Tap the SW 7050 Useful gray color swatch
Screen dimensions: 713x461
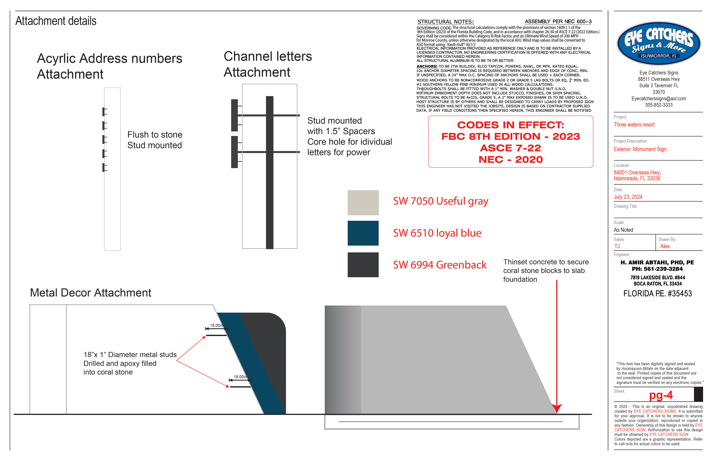tap(363, 203)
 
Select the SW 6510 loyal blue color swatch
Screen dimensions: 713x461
tap(363, 233)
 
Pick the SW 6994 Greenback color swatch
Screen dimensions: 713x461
tap(363, 265)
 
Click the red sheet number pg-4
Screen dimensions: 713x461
tap(661, 395)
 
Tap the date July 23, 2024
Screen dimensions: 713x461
tap(628, 197)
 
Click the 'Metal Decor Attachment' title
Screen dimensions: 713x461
tap(90, 293)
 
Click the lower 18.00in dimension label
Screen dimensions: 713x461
tap(240, 377)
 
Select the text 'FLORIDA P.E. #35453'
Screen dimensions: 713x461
tap(658, 294)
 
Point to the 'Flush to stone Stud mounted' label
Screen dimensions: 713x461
tap(155, 140)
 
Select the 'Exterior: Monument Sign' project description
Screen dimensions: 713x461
tap(640, 149)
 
